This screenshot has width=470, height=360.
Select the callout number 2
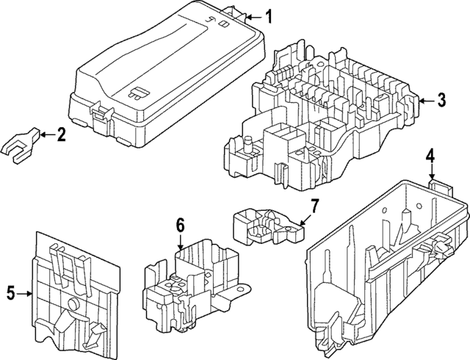(61, 134)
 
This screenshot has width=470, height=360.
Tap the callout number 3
(440, 101)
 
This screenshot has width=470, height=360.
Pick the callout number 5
(11, 294)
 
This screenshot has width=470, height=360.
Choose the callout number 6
(180, 226)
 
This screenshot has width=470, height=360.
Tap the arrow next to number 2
(46, 134)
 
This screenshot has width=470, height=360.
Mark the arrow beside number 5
(26, 294)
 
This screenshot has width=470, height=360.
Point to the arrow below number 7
(305, 217)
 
